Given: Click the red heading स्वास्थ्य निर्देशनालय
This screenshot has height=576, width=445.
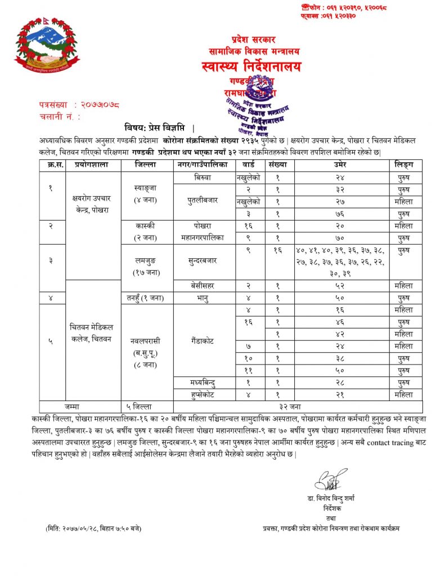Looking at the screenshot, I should tap(251, 67).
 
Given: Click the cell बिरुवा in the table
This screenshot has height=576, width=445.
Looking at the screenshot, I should tap(203, 177).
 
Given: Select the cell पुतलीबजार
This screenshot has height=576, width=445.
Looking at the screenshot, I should tap(203, 201).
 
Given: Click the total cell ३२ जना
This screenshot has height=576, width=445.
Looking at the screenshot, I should tap(298, 407).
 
